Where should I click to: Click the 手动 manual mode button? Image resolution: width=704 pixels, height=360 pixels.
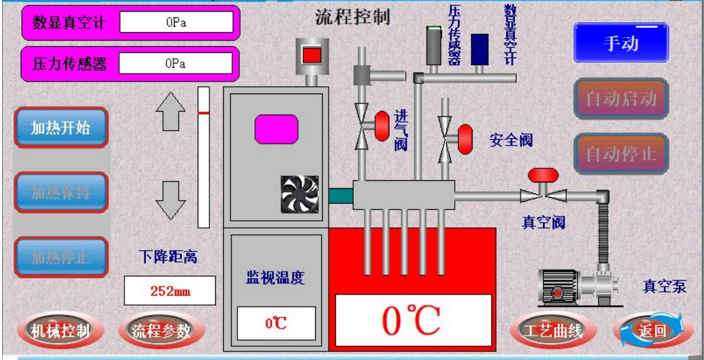pos(621,43)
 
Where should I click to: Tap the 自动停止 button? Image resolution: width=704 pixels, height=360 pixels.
pos(621,154)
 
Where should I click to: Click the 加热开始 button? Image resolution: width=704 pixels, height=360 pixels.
pos(60,127)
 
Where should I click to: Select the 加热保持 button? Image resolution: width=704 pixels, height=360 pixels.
pos(60,192)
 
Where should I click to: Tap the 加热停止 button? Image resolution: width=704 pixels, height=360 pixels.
pos(60,257)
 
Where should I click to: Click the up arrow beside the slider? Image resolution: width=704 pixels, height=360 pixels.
pos(170,112)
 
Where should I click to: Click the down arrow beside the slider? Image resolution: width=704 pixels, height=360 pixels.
pos(170,200)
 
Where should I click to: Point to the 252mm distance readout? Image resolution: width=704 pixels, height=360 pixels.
pos(170,291)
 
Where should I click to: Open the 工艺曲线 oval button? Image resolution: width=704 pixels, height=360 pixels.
pos(553,331)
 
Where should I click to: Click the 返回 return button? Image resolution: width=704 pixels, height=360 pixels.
pos(653,331)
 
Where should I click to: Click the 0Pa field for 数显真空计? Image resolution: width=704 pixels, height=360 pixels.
pos(176,22)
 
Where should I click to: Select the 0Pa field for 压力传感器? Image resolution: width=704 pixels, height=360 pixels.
pos(176,63)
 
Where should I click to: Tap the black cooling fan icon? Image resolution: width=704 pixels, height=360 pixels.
pos(300,195)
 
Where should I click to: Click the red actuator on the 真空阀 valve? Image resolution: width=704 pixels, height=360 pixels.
pos(543,174)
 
